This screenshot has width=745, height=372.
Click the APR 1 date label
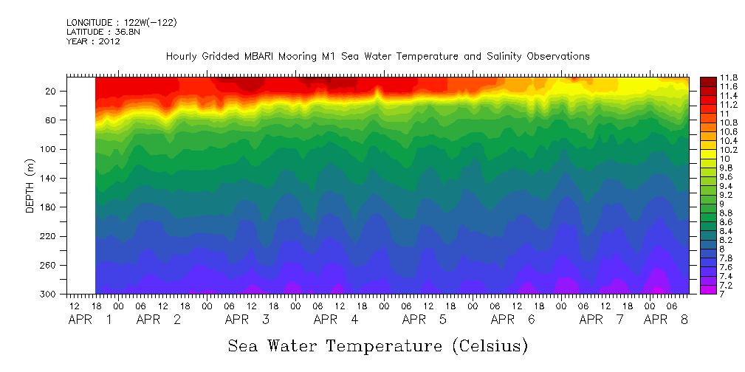pyautogui.click(x=91, y=320)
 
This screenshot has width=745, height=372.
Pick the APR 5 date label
pyautogui.click(x=425, y=320)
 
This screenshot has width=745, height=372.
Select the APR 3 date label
pyautogui.click(x=247, y=320)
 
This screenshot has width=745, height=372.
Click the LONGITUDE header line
pyautogui.click(x=121, y=23)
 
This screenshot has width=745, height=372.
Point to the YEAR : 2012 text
pyautogui.click(x=94, y=41)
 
